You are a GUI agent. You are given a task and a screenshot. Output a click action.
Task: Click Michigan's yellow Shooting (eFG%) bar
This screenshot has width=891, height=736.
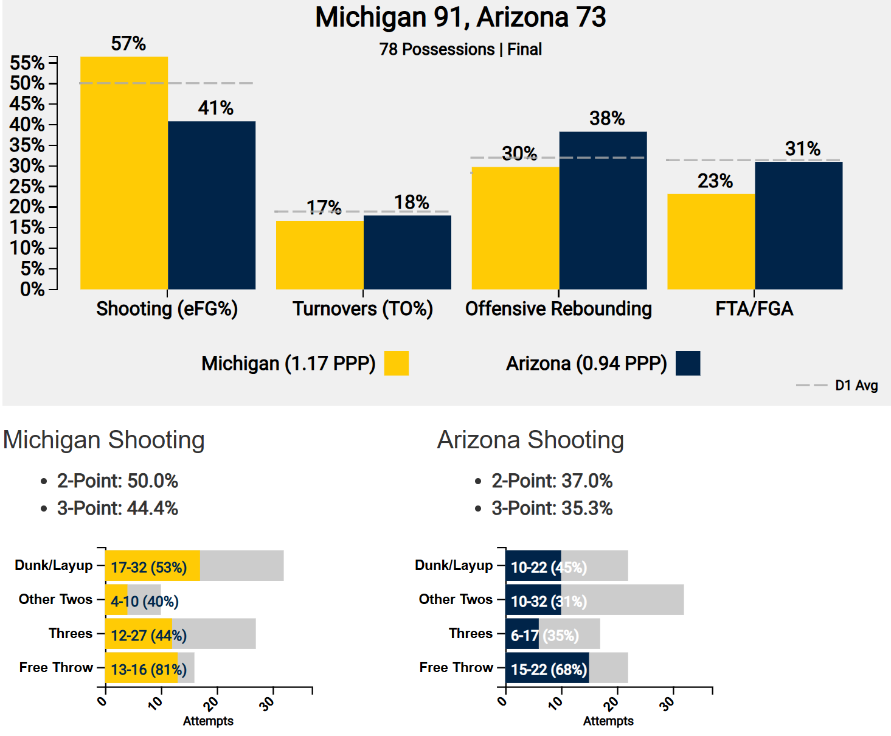[x=124, y=173]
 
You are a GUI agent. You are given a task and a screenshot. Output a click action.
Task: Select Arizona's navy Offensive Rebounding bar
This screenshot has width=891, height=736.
[x=603, y=210]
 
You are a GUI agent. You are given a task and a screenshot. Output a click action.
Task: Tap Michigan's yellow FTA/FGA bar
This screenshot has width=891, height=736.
[x=711, y=241]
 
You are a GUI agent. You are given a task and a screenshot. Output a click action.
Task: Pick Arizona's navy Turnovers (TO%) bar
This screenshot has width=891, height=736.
[x=407, y=252]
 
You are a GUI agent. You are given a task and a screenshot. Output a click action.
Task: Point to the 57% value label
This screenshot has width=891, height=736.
[x=128, y=44]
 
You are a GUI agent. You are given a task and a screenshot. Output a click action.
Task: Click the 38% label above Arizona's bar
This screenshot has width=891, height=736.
[x=607, y=118]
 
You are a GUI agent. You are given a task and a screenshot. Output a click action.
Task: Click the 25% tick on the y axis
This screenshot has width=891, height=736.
[x=27, y=186]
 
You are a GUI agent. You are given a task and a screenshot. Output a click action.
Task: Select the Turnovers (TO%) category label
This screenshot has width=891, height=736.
[x=362, y=309]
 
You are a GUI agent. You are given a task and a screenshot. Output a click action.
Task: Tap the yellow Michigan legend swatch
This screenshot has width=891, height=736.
[x=397, y=363]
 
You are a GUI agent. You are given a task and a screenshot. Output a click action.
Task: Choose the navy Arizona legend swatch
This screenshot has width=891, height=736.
[x=688, y=363]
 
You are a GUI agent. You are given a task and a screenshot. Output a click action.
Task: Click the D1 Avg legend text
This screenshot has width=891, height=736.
[x=856, y=386]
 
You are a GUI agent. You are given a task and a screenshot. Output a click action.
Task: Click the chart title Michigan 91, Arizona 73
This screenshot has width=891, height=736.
[x=460, y=17]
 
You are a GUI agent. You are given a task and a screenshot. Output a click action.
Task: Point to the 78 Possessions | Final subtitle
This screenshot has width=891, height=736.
[x=460, y=49]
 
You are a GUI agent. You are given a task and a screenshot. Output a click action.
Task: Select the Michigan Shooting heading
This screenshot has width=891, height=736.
[x=104, y=440]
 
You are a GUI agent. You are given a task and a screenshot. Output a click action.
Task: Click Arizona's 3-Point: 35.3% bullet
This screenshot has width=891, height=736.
[x=552, y=509]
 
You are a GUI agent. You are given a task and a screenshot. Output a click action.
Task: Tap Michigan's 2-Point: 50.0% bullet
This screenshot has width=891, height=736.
[x=117, y=481]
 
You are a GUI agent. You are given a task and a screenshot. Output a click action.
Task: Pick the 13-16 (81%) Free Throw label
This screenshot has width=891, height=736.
[x=148, y=670]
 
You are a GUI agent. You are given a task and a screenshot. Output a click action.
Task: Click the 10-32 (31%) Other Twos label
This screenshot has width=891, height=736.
[x=549, y=602]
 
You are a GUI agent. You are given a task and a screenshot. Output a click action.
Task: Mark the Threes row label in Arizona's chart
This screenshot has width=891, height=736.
[x=471, y=633]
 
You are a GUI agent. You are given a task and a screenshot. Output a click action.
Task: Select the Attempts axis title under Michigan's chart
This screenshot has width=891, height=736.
[x=208, y=721]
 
